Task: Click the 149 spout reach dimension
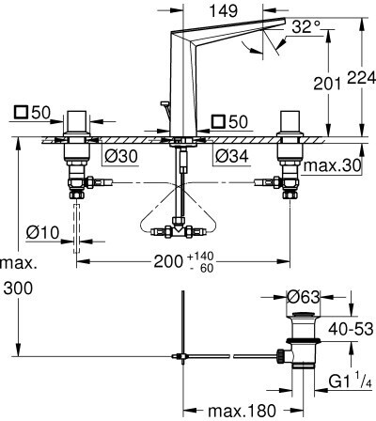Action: [223, 11]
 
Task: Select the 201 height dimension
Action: [327, 84]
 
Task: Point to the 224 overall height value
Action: [361, 78]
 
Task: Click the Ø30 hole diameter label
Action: [121, 156]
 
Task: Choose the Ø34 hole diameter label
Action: [232, 156]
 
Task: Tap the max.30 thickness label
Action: [332, 165]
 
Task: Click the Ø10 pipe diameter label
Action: [42, 232]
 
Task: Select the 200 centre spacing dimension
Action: [168, 261]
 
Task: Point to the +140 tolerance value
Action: [200, 257]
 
